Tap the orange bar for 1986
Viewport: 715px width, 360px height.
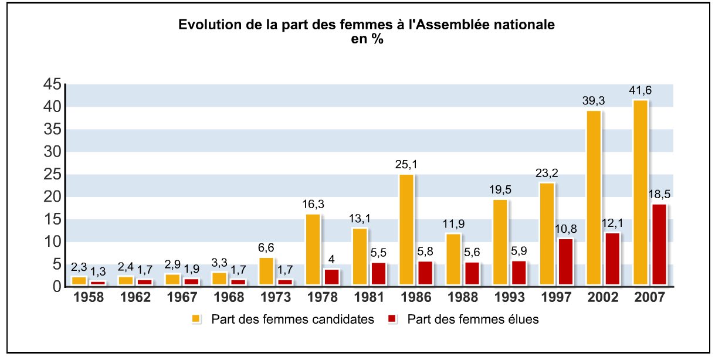click(x=406, y=230)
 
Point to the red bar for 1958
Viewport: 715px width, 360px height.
click(x=98, y=284)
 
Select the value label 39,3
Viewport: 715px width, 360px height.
click(x=594, y=101)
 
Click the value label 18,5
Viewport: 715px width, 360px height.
click(x=659, y=194)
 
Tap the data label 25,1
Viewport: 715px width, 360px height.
click(x=406, y=164)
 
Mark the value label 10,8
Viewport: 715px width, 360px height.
click(x=565, y=229)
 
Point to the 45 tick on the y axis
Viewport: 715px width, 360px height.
click(x=52, y=84)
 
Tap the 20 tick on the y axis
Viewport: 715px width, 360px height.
click(x=52, y=197)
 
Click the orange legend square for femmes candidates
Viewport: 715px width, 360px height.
click(x=196, y=320)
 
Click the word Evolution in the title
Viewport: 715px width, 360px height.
click(x=205, y=25)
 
